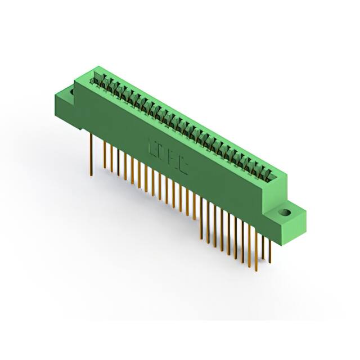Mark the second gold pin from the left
[105, 155]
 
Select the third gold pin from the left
[111, 159]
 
